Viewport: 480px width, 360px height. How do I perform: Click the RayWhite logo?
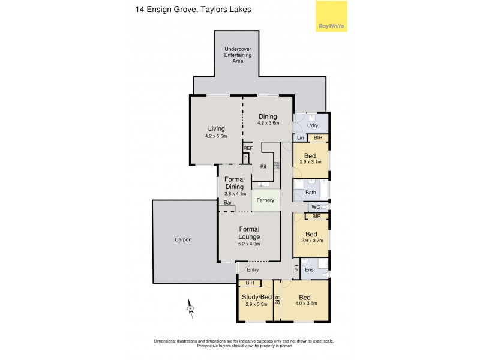[331, 16]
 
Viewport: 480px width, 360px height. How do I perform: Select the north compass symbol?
[190, 308]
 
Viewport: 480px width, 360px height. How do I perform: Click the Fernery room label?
[266, 200]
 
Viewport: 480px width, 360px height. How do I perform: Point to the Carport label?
[183, 239]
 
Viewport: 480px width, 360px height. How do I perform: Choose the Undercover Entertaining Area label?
[238, 55]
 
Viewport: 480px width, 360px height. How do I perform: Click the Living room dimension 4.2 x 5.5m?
[216, 136]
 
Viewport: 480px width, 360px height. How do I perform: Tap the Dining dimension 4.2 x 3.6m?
[268, 124]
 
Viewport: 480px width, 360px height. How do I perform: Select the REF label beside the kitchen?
[248, 148]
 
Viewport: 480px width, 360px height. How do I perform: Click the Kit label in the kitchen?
[263, 167]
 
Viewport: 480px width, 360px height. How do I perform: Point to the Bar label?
[227, 203]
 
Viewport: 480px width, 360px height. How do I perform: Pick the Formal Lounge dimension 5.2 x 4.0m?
[249, 244]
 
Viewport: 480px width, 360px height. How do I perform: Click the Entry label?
[253, 269]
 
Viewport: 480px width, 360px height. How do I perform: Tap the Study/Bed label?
[256, 296]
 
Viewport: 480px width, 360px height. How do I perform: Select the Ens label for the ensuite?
[310, 269]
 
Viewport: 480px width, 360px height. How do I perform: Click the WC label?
[315, 207]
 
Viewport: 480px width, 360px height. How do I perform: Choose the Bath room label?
[310, 193]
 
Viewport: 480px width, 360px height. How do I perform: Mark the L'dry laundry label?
[312, 125]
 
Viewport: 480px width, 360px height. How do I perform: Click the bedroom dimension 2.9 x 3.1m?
[310, 162]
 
